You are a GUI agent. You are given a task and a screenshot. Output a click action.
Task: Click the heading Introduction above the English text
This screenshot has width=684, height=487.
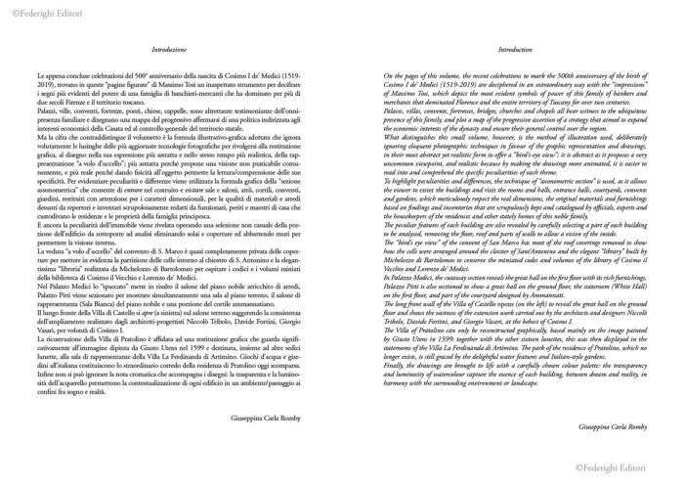pos(513,47)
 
